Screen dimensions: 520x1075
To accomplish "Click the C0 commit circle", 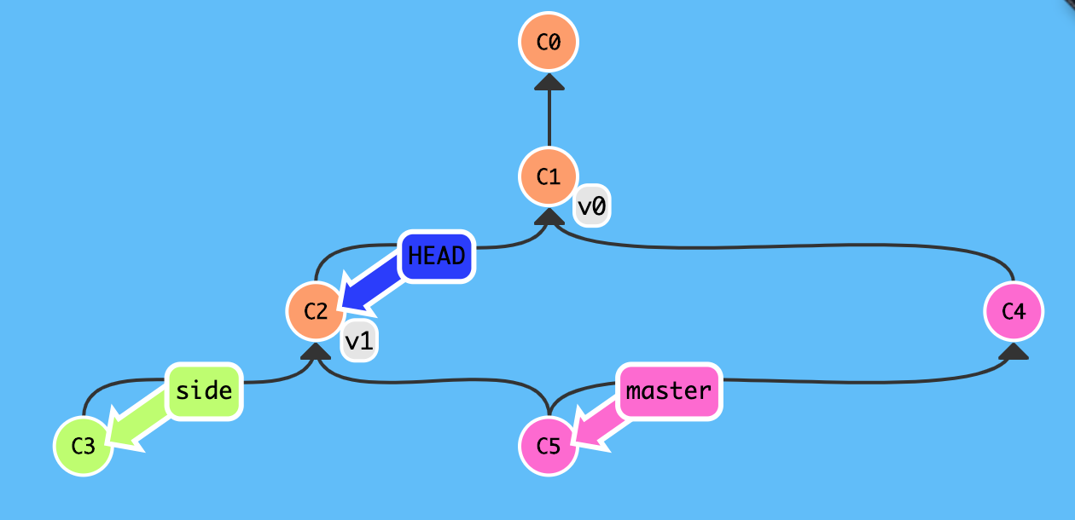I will [549, 41].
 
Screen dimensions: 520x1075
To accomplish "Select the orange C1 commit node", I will [549, 176].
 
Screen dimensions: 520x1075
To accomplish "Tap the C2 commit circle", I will [316, 311].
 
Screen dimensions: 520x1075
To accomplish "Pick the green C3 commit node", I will [83, 446].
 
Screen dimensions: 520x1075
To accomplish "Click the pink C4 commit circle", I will [1013, 311].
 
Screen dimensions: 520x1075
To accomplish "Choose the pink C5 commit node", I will [549, 446].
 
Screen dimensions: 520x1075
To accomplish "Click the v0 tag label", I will [591, 207].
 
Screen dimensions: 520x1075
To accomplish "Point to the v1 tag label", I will [359, 342].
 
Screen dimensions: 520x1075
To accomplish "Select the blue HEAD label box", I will [436, 256].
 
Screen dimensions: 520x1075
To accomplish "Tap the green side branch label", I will [205, 391].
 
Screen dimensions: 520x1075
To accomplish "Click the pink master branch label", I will [669, 391].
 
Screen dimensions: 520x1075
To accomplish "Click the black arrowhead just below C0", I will [549, 81].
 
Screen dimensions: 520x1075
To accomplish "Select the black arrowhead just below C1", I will [549, 217].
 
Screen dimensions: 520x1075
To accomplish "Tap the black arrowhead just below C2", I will [316, 351].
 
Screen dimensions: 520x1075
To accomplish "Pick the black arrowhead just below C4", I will [1013, 351].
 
